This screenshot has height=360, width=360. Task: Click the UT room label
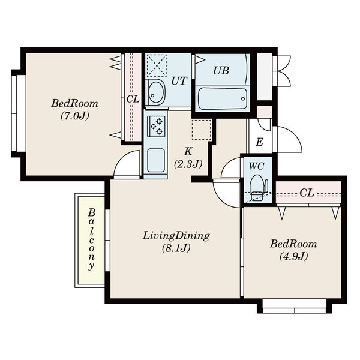coord(179,81)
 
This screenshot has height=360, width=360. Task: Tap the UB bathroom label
coord(221,70)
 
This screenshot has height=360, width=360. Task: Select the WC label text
coord(256,166)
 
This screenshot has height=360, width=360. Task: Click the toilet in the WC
coord(258,187)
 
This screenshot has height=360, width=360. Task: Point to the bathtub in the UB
coord(222,99)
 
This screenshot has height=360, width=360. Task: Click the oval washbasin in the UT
coord(156,92)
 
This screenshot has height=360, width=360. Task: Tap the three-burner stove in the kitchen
coord(156,127)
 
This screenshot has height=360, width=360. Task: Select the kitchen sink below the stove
coord(156,160)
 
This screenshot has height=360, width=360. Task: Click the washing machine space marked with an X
coord(157,65)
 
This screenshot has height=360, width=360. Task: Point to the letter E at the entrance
coord(259,142)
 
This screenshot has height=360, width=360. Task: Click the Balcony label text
coord(92,239)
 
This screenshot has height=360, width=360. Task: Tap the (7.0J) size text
coord(75,116)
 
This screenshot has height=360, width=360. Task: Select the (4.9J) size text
coord(293,256)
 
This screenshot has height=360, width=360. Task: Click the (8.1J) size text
coord(176,248)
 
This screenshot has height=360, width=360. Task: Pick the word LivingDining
coord(176,236)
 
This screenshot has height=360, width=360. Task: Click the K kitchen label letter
coord(188,151)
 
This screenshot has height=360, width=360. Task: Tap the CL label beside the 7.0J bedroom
coord(133,99)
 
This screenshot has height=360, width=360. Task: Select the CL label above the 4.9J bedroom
coord(307,193)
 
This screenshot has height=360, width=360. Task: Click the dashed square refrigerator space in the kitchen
coord(202,130)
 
